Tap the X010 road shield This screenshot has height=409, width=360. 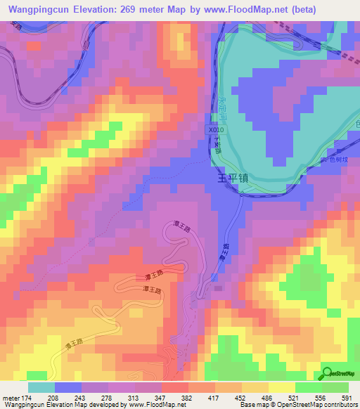217,130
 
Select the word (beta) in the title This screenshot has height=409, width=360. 301,9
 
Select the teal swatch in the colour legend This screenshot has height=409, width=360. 41,387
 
